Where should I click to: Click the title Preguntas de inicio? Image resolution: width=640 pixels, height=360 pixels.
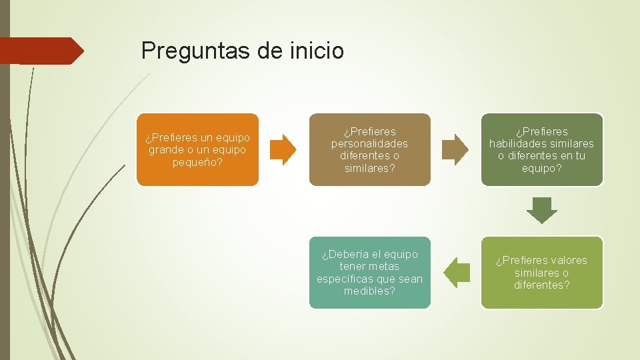point(243,50)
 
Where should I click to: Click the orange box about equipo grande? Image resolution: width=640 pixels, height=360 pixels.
point(197,149)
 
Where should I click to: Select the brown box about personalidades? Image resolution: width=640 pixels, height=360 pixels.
point(369,149)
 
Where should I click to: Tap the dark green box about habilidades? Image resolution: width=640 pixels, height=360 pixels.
point(541,149)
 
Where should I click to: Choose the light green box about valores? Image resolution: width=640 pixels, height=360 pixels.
point(541,273)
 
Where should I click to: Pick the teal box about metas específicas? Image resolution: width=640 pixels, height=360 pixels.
point(369,273)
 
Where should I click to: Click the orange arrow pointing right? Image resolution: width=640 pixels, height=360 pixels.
point(285,149)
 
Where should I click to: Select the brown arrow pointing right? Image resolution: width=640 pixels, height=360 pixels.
point(457,149)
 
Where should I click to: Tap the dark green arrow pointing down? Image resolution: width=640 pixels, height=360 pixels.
point(541,211)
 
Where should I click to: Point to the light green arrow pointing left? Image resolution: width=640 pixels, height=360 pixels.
point(457,273)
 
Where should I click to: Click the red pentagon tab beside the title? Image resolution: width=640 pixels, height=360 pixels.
point(41,51)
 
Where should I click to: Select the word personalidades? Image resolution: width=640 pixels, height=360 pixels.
point(369,143)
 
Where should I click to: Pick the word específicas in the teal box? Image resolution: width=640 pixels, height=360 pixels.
point(345,279)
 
